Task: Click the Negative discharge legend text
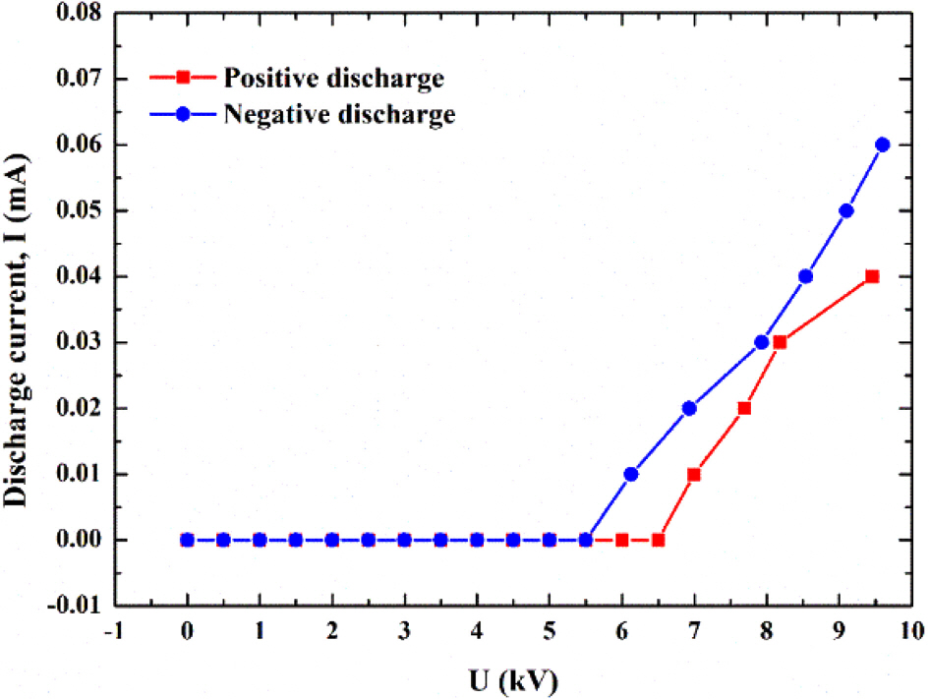pyautogui.click(x=339, y=114)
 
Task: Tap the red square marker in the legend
pyautogui.click(x=186, y=78)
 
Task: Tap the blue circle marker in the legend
pyautogui.click(x=186, y=114)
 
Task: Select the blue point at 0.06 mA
pyautogui.click(x=882, y=145)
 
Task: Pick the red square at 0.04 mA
pyautogui.click(x=871, y=276)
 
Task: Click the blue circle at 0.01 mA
pyautogui.click(x=631, y=474)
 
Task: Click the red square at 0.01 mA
pyautogui.click(x=694, y=474)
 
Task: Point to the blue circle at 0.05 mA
pyautogui.click(x=846, y=210)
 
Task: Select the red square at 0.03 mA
pyautogui.click(x=780, y=342)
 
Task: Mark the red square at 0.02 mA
pyautogui.click(x=744, y=408)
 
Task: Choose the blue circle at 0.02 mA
pyautogui.click(x=689, y=408)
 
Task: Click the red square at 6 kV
pyautogui.click(x=622, y=540)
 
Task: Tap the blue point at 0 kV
pyautogui.click(x=187, y=540)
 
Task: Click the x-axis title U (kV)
pyautogui.click(x=514, y=676)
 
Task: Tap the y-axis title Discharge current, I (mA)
pyautogui.click(x=18, y=308)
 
